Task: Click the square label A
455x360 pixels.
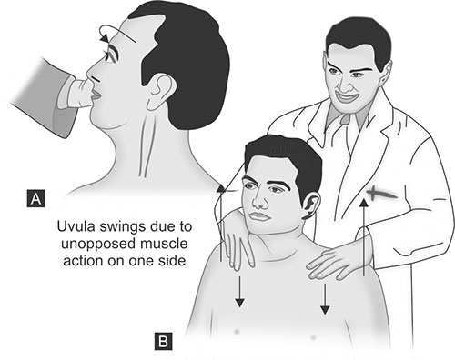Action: pyautogui.click(x=35, y=198)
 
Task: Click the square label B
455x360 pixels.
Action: pyautogui.click(x=164, y=341)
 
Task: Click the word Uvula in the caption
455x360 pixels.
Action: pyautogui.click(x=74, y=226)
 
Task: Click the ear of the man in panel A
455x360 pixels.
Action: pyautogui.click(x=161, y=92)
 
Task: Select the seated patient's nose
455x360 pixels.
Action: pyautogui.click(x=258, y=201)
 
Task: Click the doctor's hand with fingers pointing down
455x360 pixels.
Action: pyautogui.click(x=238, y=244)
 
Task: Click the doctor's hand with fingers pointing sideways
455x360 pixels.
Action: pyautogui.click(x=337, y=262)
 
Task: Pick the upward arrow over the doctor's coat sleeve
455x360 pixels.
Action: pyautogui.click(x=364, y=237)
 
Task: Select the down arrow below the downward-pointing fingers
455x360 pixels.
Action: pyautogui.click(x=239, y=292)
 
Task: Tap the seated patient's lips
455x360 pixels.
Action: pyautogui.click(x=259, y=216)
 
